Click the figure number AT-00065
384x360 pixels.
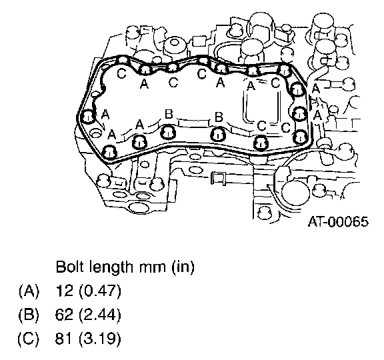click(338, 222)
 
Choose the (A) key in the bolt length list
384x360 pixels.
click(29, 291)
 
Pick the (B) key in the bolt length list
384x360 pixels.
click(29, 315)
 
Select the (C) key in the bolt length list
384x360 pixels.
click(29, 339)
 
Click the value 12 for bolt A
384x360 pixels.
click(65, 291)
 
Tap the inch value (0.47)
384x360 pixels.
click(100, 291)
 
